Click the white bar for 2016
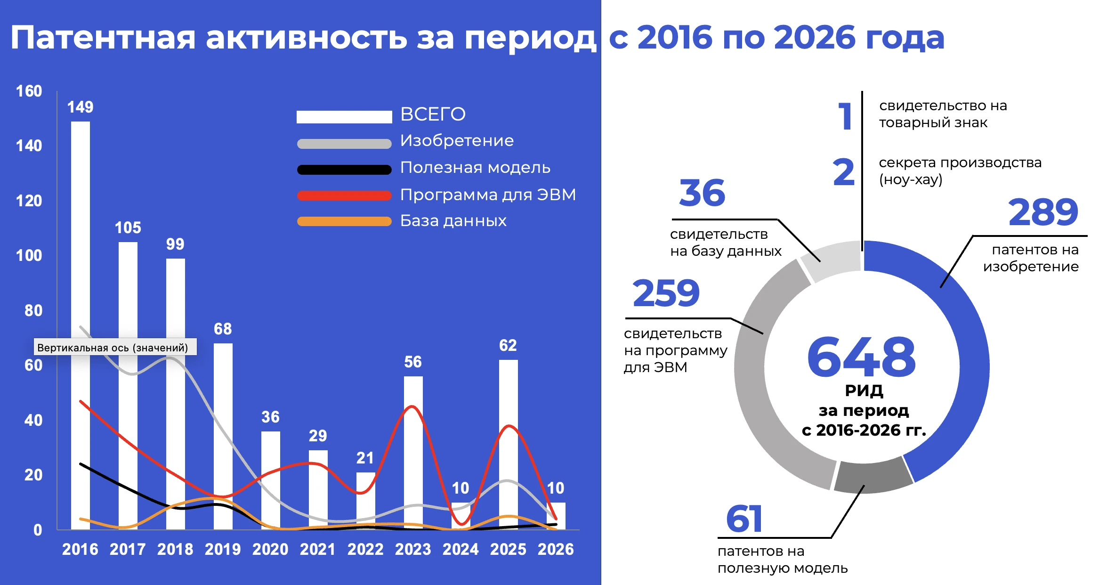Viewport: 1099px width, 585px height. click(81, 236)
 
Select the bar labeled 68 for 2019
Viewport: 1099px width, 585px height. click(223, 424)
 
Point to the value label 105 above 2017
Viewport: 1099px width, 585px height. click(128, 228)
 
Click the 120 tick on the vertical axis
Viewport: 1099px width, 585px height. click(29, 201)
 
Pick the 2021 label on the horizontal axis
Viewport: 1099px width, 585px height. click(317, 549)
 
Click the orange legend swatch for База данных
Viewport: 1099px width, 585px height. click(344, 221)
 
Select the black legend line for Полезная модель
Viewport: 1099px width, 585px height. click(344, 170)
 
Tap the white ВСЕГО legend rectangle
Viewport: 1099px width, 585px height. click(344, 116)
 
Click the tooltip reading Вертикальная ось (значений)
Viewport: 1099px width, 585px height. click(113, 348)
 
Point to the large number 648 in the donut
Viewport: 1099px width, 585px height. click(861, 357)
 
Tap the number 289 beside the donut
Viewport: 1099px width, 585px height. click(1043, 212)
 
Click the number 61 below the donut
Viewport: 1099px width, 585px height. click(744, 519)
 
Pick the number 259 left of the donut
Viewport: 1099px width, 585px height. click(666, 293)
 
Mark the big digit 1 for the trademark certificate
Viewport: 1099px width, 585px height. click(845, 116)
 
